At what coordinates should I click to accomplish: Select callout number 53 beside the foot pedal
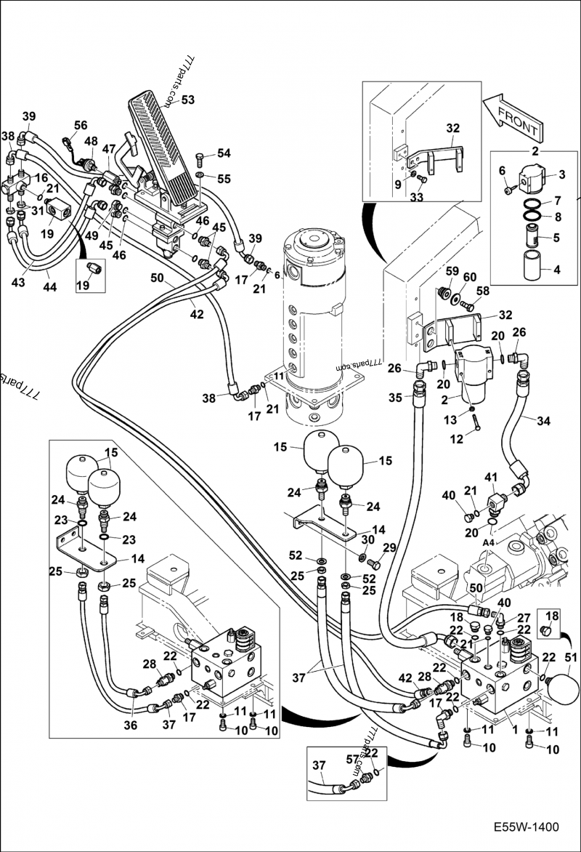pos(187,100)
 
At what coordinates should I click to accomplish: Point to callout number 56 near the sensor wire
pos(80,125)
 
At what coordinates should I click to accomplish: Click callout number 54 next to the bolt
pos(223,153)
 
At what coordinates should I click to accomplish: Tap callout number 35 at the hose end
pos(395,398)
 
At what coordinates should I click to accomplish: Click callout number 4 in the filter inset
pos(556,270)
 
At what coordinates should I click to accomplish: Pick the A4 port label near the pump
pos(489,542)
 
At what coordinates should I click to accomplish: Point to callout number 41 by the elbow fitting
pos(491,478)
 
